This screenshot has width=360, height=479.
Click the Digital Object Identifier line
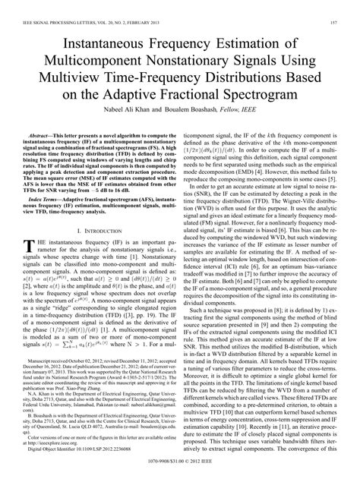pyautogui.click(x=84, y=465)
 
